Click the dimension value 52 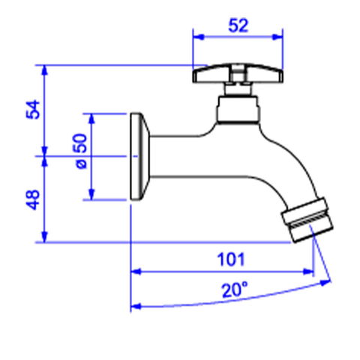tap(238, 25)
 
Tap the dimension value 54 tap(33, 109)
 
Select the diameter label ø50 tap(81, 151)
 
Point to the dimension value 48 tap(33, 199)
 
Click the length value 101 tap(231, 259)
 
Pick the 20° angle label tap(234, 289)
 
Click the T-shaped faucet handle tap(238, 73)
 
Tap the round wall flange tap(139, 157)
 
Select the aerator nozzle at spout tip tap(307, 220)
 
